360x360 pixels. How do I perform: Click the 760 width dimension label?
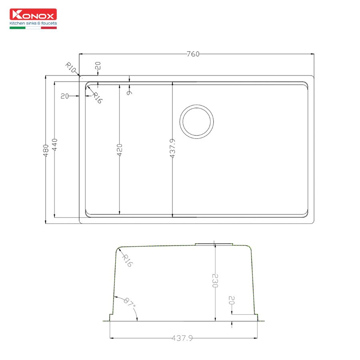click(193, 54)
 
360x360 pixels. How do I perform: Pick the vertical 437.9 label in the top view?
click(172, 148)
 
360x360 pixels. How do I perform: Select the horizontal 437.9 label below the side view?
click(182, 338)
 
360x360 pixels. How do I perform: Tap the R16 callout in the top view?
click(97, 98)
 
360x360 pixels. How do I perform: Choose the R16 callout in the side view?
click(127, 260)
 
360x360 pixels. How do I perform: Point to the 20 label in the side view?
click(231, 301)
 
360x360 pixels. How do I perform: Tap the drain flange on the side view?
click(214, 243)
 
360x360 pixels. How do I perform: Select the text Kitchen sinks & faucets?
click(33, 23)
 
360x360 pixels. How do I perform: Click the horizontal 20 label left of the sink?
click(64, 96)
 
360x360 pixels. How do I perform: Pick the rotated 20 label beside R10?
click(98, 66)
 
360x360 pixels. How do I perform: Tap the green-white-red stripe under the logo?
click(33, 28)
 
